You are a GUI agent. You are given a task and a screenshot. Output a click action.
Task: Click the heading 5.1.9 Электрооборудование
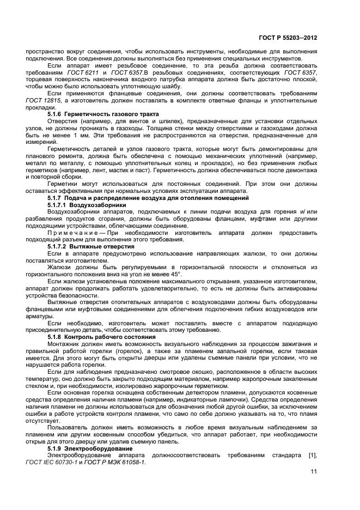click(86, 448)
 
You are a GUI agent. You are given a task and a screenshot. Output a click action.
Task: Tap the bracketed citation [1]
click(326, 455)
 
